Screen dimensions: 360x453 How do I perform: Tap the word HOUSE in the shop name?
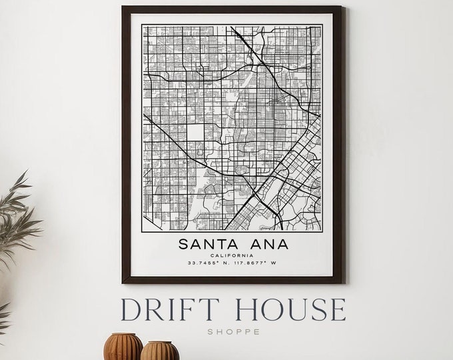tap(291, 311)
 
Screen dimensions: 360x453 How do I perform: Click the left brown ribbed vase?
tap(124, 347)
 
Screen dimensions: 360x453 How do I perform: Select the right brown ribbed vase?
tap(161, 351)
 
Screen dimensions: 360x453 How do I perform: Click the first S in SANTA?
tap(182, 244)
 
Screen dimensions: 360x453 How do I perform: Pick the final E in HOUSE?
tap(337, 311)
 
